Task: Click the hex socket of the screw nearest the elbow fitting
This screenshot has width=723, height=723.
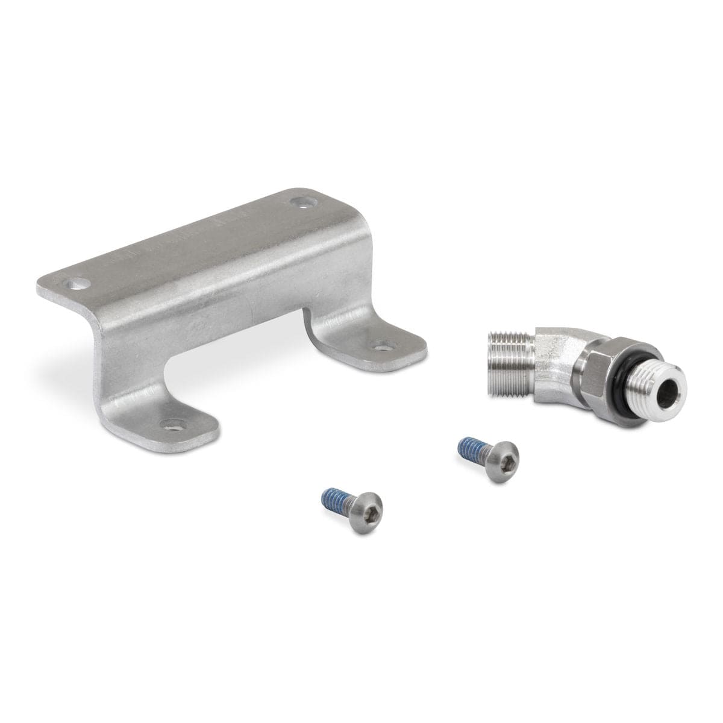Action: pos(505,451)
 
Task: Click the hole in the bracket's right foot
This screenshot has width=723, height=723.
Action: pos(381,345)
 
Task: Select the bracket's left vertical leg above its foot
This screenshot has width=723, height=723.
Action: pos(130,368)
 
